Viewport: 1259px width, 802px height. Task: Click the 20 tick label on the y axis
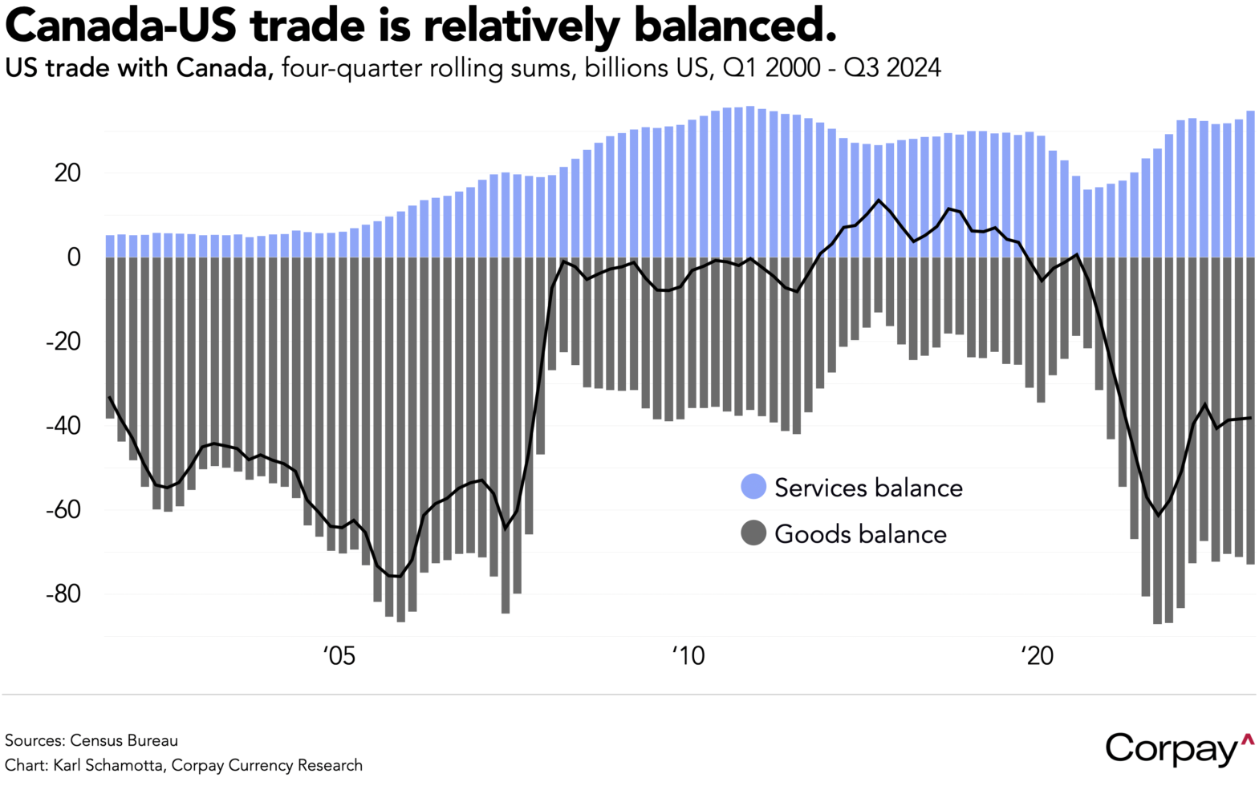pos(67,172)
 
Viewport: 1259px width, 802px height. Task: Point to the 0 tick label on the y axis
pos(74,257)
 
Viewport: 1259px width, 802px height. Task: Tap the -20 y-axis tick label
pos(63,341)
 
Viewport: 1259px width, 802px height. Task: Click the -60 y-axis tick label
pos(63,509)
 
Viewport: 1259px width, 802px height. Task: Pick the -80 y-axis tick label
pos(63,593)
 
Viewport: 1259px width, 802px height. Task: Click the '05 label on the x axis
pos(339,656)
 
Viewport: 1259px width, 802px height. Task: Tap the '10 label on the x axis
pos(688,656)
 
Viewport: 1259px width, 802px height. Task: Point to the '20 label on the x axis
pos(1037,656)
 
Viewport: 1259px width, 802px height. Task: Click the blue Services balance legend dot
pos(753,487)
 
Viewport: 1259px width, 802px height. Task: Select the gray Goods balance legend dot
pos(753,533)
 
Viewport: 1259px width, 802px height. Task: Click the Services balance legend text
pos(868,488)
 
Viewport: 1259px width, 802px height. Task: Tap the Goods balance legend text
pos(860,534)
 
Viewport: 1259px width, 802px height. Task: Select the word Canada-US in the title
pos(120,26)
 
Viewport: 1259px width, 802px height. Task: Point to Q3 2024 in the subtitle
pos(891,68)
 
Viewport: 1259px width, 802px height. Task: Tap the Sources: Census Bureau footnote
pos(91,740)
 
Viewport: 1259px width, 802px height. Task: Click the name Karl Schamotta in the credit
pos(110,765)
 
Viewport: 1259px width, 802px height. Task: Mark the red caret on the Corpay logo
pos(1247,739)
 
